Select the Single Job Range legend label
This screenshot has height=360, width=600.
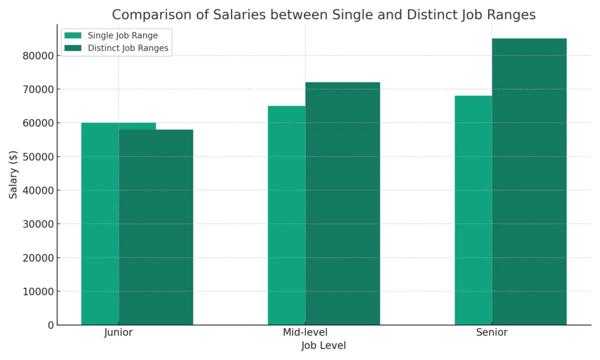tap(122, 36)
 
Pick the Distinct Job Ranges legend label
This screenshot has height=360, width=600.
tap(128, 49)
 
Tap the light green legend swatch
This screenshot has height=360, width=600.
tap(73, 36)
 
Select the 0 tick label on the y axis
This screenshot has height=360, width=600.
tap(51, 325)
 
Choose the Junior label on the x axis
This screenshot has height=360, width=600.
tap(118, 333)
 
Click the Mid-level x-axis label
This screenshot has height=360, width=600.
tap(305, 333)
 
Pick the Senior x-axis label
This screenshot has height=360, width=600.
tap(492, 333)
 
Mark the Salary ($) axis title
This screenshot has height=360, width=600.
tap(13, 174)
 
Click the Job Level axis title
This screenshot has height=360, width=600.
tap(323, 346)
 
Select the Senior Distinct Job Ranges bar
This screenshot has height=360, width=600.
tap(529, 182)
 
